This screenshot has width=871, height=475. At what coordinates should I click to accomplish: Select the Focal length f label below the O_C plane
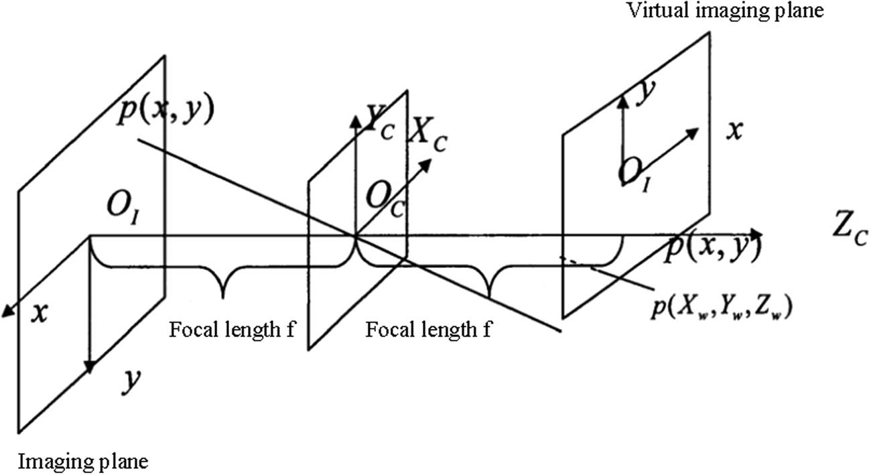[x=428, y=329]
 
